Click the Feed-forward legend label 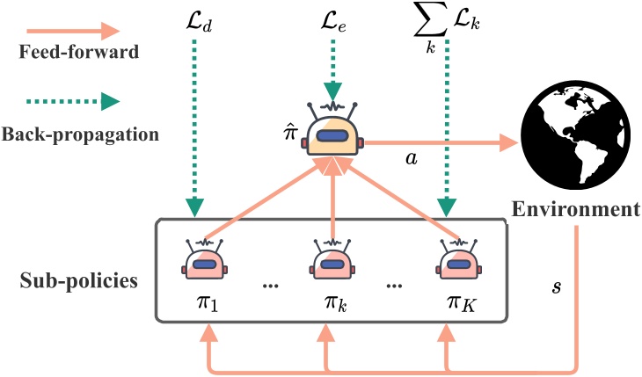click(79, 52)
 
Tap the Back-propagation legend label click(80, 134)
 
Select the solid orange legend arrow click(73, 31)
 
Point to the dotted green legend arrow click(73, 102)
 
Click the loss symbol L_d click(199, 23)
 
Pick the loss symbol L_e click(333, 23)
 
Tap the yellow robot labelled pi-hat click(333, 129)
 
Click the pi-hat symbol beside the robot click(290, 132)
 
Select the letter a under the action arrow click(412, 158)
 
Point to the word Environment click(576, 209)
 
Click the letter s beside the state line click(557, 286)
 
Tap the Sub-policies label click(79, 281)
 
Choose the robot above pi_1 click(205, 259)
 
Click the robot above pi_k click(332, 259)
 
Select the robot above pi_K click(458, 259)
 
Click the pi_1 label click(208, 303)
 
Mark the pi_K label click(462, 303)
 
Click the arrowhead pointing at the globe click(510, 143)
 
